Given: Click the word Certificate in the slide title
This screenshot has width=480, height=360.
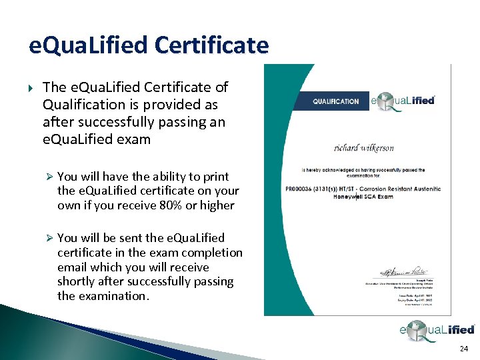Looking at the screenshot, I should [211, 45].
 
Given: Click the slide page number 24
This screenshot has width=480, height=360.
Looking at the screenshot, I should [464, 349].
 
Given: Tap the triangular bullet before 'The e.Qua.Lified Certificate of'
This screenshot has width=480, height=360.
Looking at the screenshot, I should [29, 87].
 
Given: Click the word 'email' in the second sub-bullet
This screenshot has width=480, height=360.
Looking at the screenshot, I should [73, 267].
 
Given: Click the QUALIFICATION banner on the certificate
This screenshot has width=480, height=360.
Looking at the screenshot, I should [335, 101].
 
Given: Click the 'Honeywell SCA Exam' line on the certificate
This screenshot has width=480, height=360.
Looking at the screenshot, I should [365, 196].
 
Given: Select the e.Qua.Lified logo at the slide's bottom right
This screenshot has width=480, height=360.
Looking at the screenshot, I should [436, 329].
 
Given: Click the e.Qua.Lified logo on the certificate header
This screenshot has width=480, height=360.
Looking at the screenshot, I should [403, 101].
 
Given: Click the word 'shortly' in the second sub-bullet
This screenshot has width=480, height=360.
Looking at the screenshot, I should [79, 281].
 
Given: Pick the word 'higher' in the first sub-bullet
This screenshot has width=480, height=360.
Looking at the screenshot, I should [217, 205].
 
